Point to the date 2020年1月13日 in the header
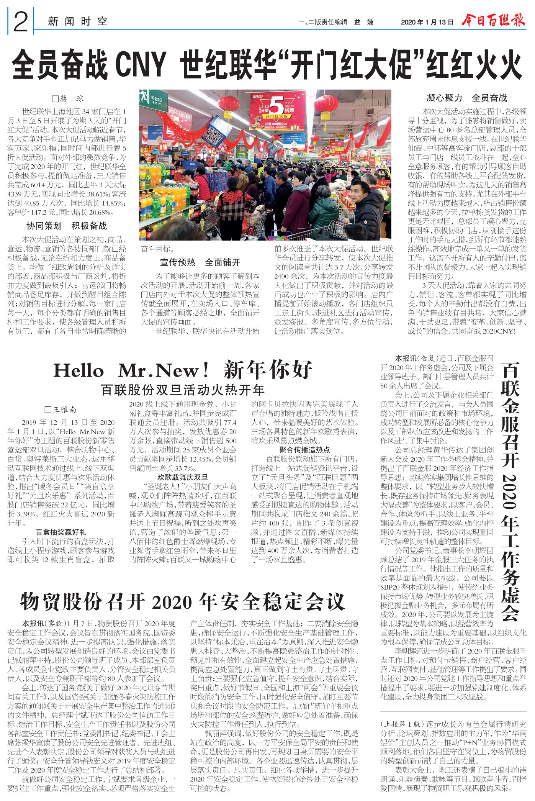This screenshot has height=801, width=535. tap(427, 22)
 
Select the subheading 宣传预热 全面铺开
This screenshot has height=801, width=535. tap(200, 262)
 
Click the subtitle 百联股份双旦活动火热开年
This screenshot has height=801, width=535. tap(183, 390)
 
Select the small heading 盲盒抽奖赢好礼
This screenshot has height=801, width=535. tap(61, 532)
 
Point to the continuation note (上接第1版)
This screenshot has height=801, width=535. tap(401, 724)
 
